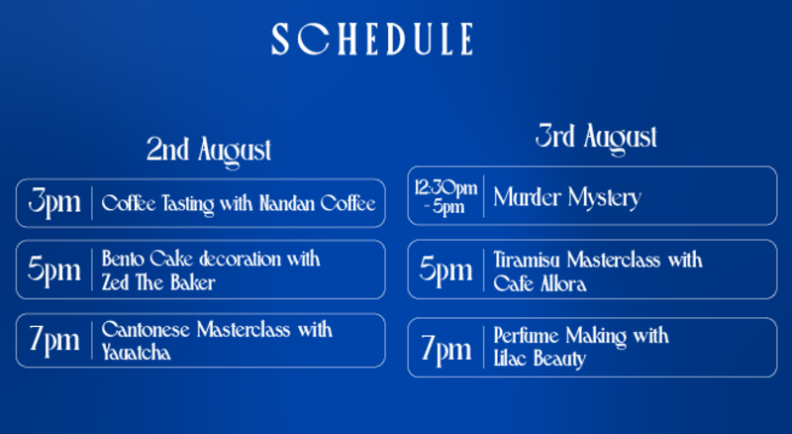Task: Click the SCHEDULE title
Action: (372, 39)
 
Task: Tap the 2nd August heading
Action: (209, 151)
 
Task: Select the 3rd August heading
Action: (596, 138)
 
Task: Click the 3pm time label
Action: (54, 202)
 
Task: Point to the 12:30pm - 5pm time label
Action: (445, 197)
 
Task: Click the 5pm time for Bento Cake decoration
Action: (54, 270)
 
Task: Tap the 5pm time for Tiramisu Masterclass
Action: (445, 270)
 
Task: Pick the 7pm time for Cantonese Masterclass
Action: (54, 340)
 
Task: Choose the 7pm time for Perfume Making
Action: (445, 349)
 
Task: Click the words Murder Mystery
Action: (567, 198)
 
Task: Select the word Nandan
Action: (287, 203)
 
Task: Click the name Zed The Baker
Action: (158, 282)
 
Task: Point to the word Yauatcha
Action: (136, 352)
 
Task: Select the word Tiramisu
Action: (527, 260)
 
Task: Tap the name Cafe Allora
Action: (540, 283)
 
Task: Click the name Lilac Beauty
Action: (540, 360)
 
